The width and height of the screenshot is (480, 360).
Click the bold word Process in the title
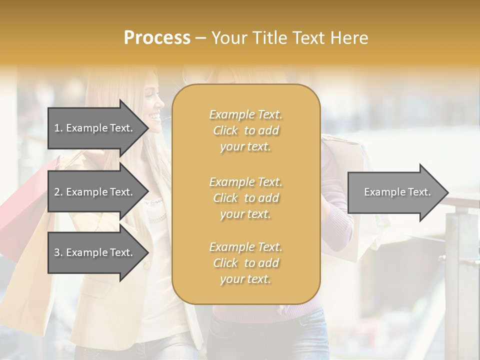point(157,38)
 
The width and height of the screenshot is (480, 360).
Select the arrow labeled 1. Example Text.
point(95,128)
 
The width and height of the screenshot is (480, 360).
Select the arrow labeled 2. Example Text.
point(95,192)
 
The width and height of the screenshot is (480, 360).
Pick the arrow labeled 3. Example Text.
point(95,252)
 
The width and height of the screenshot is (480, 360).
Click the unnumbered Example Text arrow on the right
point(395,192)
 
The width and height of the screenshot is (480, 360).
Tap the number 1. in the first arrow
point(58,128)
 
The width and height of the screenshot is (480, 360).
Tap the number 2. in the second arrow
point(58,192)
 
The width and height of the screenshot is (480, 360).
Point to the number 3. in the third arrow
point(58,252)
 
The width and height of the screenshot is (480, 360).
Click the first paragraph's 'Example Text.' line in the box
point(245,114)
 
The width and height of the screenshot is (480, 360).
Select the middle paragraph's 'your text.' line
point(245,214)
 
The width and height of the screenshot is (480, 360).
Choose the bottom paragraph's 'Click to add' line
point(245,263)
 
